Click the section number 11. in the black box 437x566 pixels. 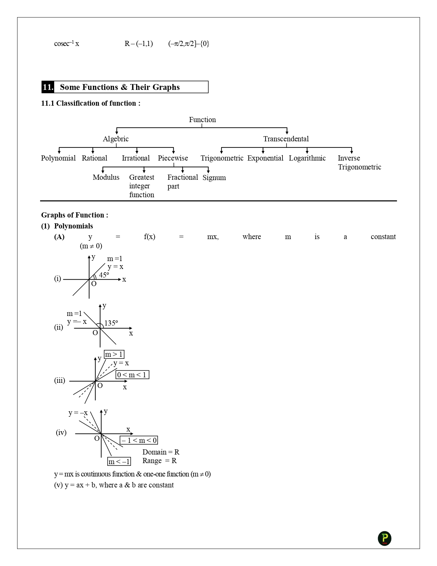point(48,87)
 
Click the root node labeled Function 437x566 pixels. point(202,120)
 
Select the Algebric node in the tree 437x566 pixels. point(116,139)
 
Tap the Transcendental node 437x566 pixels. point(286,139)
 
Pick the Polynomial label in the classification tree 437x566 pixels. point(58,158)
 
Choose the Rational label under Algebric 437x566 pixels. point(94,158)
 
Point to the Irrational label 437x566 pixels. point(136,158)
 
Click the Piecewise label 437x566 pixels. point(173,158)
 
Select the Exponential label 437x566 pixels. point(265,158)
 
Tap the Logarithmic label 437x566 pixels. point(307,158)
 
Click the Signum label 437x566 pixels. point(214,178)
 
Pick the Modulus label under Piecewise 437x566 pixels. point(106,177)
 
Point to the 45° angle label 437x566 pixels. point(104,275)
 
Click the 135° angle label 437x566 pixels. point(111,323)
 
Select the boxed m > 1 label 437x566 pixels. point(114,354)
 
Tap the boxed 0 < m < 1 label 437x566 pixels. point(132,375)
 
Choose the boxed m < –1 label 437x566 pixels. point(119,462)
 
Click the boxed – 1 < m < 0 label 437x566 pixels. point(139,440)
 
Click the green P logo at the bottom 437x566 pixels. point(385,538)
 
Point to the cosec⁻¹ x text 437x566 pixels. point(66,44)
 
